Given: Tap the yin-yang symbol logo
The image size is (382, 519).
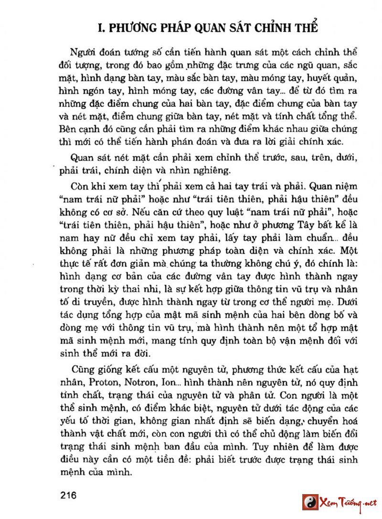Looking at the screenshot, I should click(x=309, y=502).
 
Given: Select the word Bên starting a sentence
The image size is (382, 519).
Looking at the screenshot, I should click(x=68, y=129).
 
